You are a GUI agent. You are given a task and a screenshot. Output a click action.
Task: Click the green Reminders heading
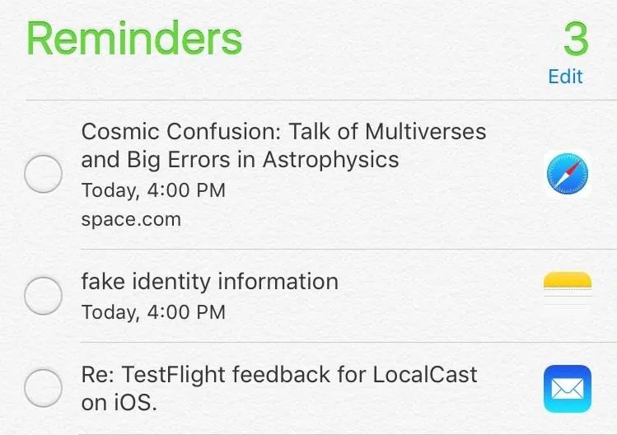pos(134,39)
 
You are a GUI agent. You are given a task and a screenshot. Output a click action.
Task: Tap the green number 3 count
pos(576,39)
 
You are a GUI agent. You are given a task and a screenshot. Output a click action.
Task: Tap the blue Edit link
pos(565,77)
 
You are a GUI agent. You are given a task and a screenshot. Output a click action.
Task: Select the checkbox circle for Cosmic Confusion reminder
pos(44,174)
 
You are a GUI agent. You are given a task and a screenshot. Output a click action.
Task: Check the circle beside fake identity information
pos(44,296)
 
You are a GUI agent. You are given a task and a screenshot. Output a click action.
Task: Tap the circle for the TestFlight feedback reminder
pos(44,388)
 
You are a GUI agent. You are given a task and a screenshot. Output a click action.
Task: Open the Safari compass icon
pos(568,174)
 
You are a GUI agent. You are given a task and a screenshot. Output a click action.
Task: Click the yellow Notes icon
pos(568,288)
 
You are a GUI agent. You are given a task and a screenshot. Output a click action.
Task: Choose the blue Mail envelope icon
pos(568,389)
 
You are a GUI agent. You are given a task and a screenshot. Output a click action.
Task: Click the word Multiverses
pos(425,131)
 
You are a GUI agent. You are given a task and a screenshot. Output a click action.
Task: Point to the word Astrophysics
pos(330,160)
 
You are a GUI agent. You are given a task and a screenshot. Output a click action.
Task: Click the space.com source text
pos(131,219)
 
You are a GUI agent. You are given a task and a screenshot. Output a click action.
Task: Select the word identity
pos(171,283)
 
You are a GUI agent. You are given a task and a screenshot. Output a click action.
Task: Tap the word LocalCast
pos(424,374)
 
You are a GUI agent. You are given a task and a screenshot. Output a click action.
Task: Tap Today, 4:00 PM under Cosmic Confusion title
pos(153,190)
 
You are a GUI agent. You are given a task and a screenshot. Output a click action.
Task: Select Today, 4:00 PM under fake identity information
pos(153,312)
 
